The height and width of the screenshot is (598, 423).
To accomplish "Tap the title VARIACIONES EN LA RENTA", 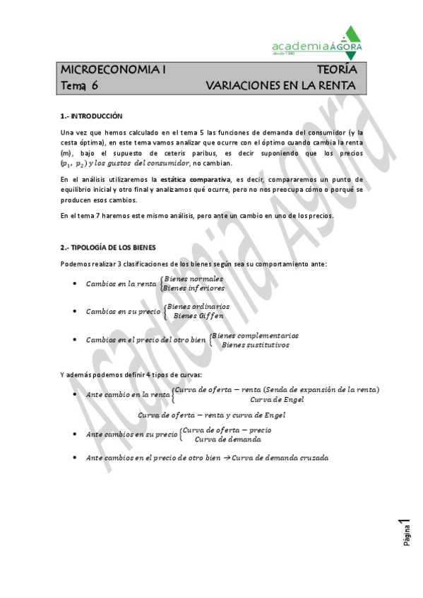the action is click(x=280, y=85).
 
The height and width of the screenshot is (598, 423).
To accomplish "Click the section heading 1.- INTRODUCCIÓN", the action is click(x=91, y=116).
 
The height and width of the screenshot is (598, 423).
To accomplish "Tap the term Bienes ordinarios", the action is click(x=197, y=306).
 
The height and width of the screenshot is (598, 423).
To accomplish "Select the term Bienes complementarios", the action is click(x=256, y=336).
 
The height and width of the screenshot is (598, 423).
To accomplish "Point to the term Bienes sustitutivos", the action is click(x=255, y=345).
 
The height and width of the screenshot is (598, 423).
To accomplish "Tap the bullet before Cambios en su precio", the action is click(x=76, y=311).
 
